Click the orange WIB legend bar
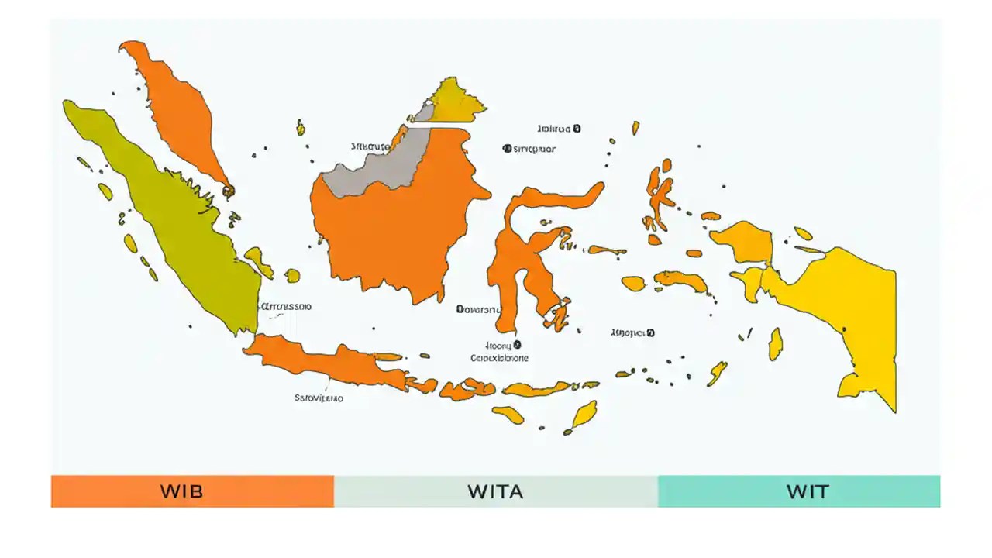[x=192, y=491]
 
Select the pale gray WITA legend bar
[x=496, y=491]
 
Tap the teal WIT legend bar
[x=799, y=491]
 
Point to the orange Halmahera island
[x=659, y=194]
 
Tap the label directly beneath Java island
[x=319, y=398]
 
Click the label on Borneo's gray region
[x=370, y=146]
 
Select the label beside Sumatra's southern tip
[x=287, y=306]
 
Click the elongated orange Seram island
[x=682, y=280]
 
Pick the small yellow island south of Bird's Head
[x=775, y=343]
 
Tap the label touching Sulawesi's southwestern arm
[x=477, y=309]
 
